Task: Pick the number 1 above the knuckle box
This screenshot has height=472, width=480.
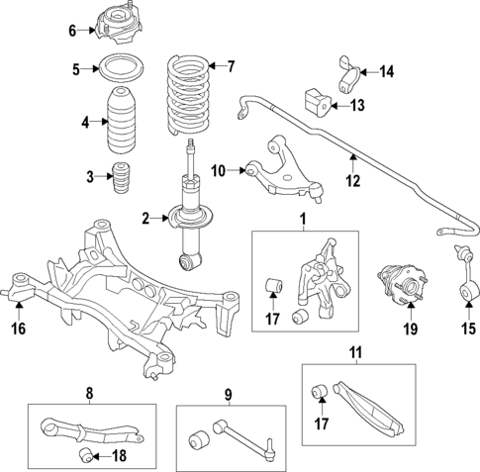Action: click(x=304, y=216)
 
